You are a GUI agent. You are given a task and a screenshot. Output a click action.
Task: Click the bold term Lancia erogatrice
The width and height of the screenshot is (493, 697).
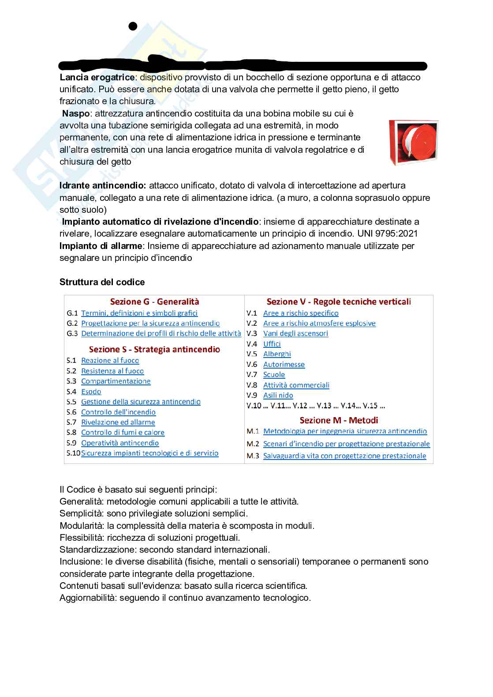pyautogui.click(x=97, y=77)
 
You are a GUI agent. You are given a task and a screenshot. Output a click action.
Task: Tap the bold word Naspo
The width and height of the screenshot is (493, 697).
pyautogui.click(x=76, y=113)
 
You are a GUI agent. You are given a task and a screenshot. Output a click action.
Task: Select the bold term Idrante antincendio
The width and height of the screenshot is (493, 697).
pyautogui.click(x=103, y=185)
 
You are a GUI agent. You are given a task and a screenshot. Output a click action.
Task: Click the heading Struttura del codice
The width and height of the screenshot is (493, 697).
pyautogui.click(x=102, y=282)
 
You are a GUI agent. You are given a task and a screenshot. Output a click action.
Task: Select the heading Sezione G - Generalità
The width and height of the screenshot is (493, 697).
pyautogui.click(x=154, y=302)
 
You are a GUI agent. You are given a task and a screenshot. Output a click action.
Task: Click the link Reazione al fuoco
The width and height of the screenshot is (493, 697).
pyautogui.click(x=110, y=361)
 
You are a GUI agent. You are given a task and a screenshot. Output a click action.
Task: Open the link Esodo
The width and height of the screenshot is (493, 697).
pyautogui.click(x=91, y=392)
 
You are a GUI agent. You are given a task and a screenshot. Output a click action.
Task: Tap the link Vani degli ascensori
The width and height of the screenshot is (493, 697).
pyautogui.click(x=295, y=334)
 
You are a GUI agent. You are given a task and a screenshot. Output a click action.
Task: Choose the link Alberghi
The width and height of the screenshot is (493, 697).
pyautogui.click(x=277, y=354)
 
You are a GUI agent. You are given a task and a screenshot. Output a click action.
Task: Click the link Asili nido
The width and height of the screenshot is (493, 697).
pyautogui.click(x=278, y=396)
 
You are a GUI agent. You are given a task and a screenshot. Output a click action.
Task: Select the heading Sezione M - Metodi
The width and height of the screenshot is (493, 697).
pyautogui.click(x=339, y=420)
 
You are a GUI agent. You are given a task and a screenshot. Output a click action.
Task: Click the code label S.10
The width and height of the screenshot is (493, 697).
pyautogui.click(x=73, y=453)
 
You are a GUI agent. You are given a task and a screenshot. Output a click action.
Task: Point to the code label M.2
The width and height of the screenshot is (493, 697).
pyautogui.click(x=253, y=444)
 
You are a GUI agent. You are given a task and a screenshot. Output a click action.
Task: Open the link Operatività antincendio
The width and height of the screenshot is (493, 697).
pyautogui.click(x=120, y=443)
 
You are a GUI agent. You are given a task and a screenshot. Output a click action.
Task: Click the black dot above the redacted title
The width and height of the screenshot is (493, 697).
pyautogui.click(x=133, y=26)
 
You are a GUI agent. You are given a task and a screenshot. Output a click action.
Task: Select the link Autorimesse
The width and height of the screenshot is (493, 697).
pyautogui.click(x=284, y=365)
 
